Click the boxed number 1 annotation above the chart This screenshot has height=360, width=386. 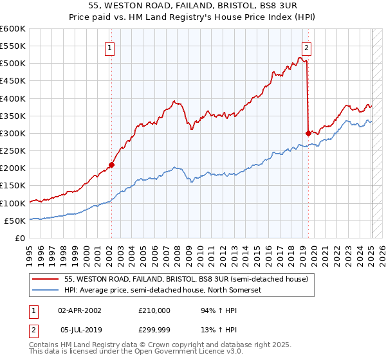110,47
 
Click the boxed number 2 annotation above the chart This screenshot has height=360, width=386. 306,47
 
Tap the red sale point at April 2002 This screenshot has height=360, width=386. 111,165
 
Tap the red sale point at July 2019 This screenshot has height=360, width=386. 308,133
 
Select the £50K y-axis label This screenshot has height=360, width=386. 15,221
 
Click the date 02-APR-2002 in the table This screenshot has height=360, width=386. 80,310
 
